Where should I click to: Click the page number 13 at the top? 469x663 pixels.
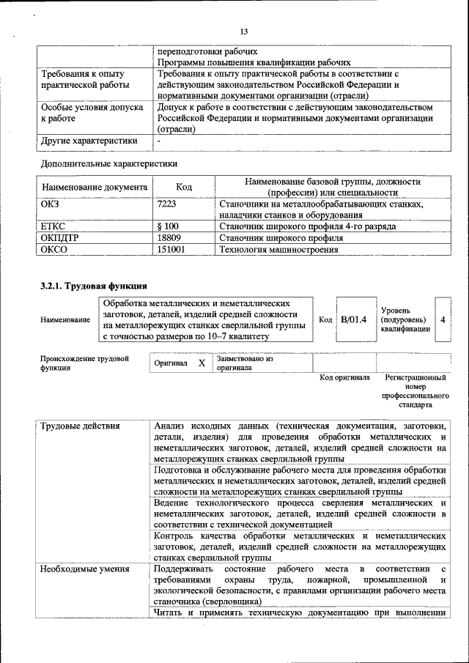click(x=244, y=30)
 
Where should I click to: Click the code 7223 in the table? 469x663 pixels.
click(x=167, y=204)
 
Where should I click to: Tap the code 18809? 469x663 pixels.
click(x=169, y=238)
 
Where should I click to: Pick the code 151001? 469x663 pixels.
click(x=171, y=250)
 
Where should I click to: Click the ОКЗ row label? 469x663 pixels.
click(x=51, y=204)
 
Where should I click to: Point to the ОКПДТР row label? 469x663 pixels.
click(x=60, y=238)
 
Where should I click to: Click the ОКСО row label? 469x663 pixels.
click(x=54, y=250)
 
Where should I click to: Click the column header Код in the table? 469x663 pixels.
click(x=185, y=188)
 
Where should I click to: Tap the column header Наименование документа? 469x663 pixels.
click(x=95, y=188)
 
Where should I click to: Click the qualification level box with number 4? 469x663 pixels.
click(x=443, y=320)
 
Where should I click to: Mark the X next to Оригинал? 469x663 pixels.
click(x=202, y=363)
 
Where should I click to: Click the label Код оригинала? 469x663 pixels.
click(x=344, y=378)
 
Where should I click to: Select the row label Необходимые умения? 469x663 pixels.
click(x=86, y=569)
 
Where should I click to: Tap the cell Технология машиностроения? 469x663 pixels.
click(x=278, y=250)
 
